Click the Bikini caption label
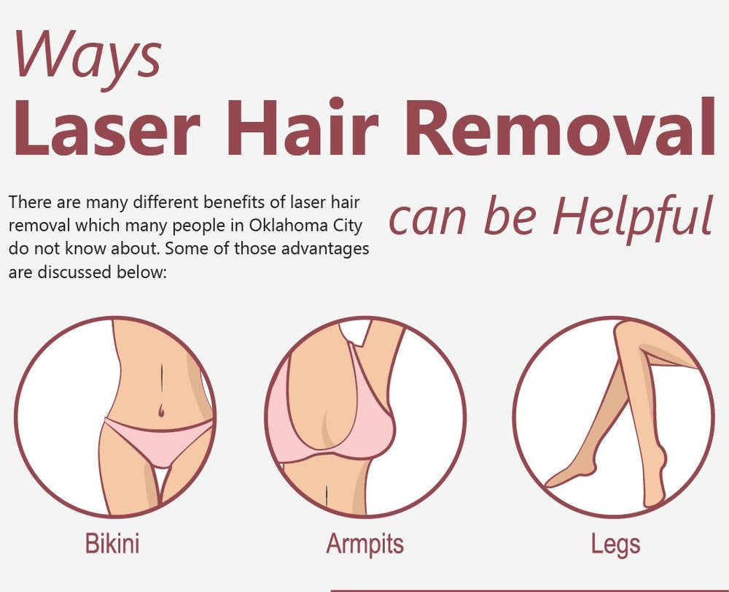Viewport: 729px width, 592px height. (x=112, y=544)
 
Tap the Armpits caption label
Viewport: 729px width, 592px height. (x=364, y=544)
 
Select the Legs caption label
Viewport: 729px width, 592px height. (x=616, y=544)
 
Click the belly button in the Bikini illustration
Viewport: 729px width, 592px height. (x=160, y=413)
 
